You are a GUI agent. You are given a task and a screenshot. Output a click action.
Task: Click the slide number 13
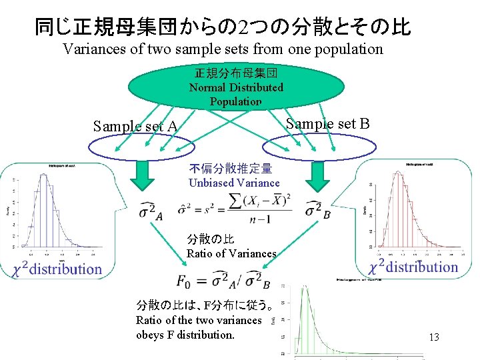pyautogui.click(x=434, y=337)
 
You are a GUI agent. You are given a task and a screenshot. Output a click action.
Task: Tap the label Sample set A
pyautogui.click(x=135, y=127)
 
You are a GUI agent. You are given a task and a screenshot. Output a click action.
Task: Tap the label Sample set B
pyautogui.click(x=327, y=124)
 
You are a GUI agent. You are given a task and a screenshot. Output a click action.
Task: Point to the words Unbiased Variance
pyautogui.click(x=234, y=183)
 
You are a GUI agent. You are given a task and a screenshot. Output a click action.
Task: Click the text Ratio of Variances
pyautogui.click(x=231, y=253)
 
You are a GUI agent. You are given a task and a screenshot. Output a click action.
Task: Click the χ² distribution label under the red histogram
pyautogui.click(x=413, y=267)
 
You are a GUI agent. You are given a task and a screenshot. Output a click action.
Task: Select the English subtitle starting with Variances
pyautogui.click(x=223, y=49)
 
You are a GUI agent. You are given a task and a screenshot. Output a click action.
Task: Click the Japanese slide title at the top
pyautogui.click(x=223, y=26)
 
